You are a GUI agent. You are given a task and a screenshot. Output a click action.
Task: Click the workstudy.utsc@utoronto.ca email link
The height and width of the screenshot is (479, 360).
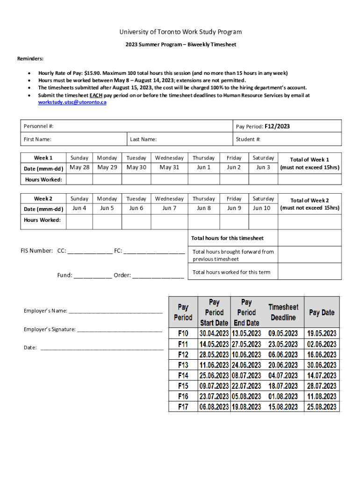click(72, 102)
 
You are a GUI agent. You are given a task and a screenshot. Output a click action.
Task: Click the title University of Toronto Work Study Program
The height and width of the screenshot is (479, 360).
click(180, 32)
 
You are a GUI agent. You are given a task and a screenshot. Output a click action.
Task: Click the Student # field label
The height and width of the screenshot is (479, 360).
click(248, 139)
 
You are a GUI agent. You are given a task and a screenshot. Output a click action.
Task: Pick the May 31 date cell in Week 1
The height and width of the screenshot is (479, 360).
click(169, 167)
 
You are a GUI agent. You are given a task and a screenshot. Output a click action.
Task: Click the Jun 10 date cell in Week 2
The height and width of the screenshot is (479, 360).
click(263, 208)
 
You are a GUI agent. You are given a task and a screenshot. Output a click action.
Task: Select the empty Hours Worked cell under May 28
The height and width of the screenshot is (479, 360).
click(79, 179)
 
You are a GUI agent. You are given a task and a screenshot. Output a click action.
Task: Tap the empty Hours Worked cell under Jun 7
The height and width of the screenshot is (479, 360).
click(169, 220)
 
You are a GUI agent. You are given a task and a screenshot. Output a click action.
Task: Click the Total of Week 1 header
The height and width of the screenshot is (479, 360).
click(310, 160)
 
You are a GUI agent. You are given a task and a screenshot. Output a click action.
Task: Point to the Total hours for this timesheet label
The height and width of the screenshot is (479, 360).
click(227, 238)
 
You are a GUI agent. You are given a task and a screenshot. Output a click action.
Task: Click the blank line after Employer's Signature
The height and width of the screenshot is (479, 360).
click(120, 330)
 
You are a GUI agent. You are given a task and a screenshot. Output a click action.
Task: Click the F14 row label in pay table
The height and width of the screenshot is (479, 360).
click(183, 376)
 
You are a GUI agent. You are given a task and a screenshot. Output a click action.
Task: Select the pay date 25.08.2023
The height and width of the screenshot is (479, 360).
click(322, 407)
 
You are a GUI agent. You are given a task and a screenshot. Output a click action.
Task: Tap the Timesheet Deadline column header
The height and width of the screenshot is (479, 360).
click(283, 312)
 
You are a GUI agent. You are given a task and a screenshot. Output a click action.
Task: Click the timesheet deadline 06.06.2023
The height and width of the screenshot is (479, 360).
click(283, 355)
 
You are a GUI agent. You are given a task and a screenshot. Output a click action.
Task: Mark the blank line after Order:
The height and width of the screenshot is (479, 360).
click(158, 276)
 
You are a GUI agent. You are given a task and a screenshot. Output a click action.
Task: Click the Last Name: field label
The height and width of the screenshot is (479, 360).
click(143, 139)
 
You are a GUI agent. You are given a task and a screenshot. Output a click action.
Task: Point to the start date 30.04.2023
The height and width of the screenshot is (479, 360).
click(214, 334)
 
